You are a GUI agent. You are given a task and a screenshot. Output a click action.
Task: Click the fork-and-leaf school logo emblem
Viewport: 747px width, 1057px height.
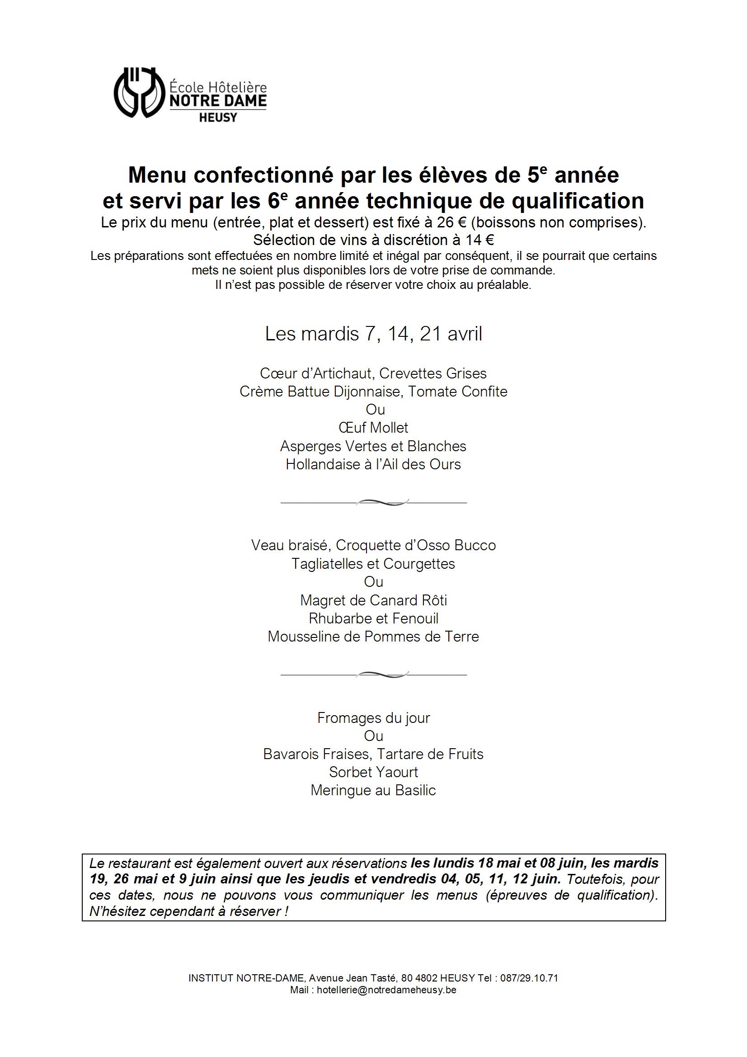[x=139, y=93]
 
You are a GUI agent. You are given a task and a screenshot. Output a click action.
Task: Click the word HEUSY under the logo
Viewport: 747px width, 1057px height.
[x=218, y=118]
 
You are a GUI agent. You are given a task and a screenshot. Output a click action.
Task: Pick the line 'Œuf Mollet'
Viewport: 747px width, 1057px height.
[x=373, y=428]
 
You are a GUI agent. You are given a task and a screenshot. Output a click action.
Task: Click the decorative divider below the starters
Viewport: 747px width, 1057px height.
[x=373, y=503]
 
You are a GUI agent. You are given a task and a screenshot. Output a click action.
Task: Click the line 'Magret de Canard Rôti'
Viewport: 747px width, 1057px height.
[x=373, y=600]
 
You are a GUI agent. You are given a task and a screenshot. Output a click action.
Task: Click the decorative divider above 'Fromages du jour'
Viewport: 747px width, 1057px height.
[x=373, y=675]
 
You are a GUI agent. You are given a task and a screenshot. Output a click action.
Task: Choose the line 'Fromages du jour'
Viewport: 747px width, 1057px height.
[x=373, y=718]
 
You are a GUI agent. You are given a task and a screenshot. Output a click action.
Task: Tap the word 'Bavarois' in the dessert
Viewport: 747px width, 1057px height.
[x=290, y=754]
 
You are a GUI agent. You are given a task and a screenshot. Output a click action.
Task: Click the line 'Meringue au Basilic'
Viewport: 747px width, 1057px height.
[x=373, y=790]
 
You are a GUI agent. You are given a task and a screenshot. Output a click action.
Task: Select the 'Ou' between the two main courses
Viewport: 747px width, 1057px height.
[x=373, y=582]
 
